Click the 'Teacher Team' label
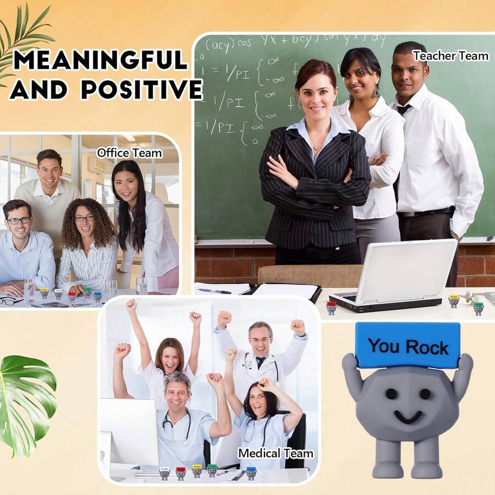coord(450,56)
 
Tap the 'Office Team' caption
coord(129,153)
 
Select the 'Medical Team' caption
coord(276,453)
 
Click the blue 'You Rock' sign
coord(408,345)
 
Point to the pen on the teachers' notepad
coord(214,290)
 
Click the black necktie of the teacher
coord(403,109)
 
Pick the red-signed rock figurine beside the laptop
coord(331,307)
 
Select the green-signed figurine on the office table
coord(87,292)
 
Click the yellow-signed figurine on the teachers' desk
coord(454,300)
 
